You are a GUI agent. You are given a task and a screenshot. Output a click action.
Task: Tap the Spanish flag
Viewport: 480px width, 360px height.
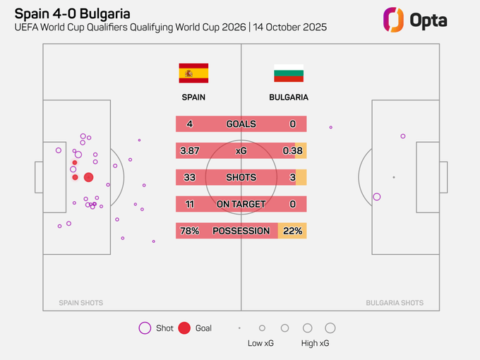[x=193, y=73]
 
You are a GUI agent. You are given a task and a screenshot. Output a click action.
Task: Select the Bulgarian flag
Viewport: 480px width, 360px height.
[x=289, y=73]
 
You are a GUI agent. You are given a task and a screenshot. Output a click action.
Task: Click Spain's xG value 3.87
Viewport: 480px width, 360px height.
[x=192, y=150]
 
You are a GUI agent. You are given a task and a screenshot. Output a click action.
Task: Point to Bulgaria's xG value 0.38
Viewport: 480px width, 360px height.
[x=292, y=150]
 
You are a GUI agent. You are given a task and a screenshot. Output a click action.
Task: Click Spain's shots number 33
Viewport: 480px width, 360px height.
[x=189, y=177]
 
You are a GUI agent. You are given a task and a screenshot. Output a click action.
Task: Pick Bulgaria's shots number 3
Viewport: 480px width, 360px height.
[x=292, y=177]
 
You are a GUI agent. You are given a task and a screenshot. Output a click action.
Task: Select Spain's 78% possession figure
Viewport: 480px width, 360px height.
[x=190, y=231]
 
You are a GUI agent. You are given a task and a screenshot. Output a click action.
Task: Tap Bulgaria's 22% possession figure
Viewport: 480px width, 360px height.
[x=292, y=231]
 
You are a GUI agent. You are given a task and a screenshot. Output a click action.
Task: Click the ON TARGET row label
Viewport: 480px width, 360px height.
[x=241, y=204]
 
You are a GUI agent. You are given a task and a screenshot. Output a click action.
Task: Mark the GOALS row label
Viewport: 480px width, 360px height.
[x=241, y=124]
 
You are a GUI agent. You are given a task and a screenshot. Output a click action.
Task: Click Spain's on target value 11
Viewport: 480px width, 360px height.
[x=189, y=204]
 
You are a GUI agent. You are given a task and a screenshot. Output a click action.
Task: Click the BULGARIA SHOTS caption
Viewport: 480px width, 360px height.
[x=395, y=303]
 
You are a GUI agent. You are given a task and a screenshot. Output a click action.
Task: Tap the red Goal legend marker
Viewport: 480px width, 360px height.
[x=184, y=328]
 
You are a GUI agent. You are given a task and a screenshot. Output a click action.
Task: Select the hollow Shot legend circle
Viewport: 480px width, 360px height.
[x=145, y=328]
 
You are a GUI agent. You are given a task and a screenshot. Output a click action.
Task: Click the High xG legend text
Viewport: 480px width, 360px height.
[x=316, y=343]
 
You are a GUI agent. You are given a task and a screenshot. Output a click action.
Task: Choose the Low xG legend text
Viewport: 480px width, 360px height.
[x=261, y=343]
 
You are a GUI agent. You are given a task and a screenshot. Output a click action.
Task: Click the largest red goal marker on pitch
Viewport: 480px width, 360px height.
[x=88, y=178]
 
